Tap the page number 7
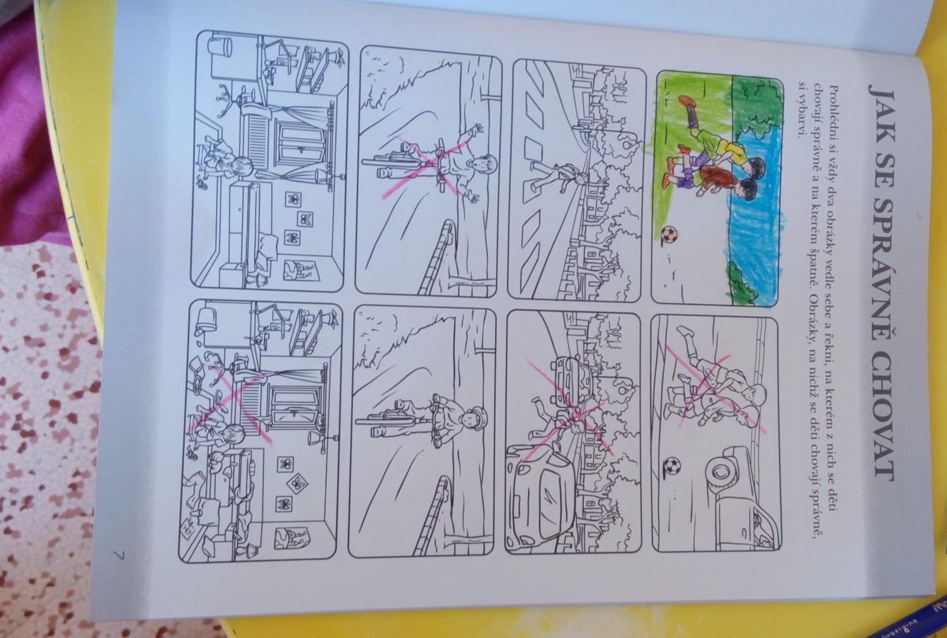pos(120,555)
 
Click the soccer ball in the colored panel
pos(668,234)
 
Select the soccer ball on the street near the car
pos(672,466)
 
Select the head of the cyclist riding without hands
pos(483,165)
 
